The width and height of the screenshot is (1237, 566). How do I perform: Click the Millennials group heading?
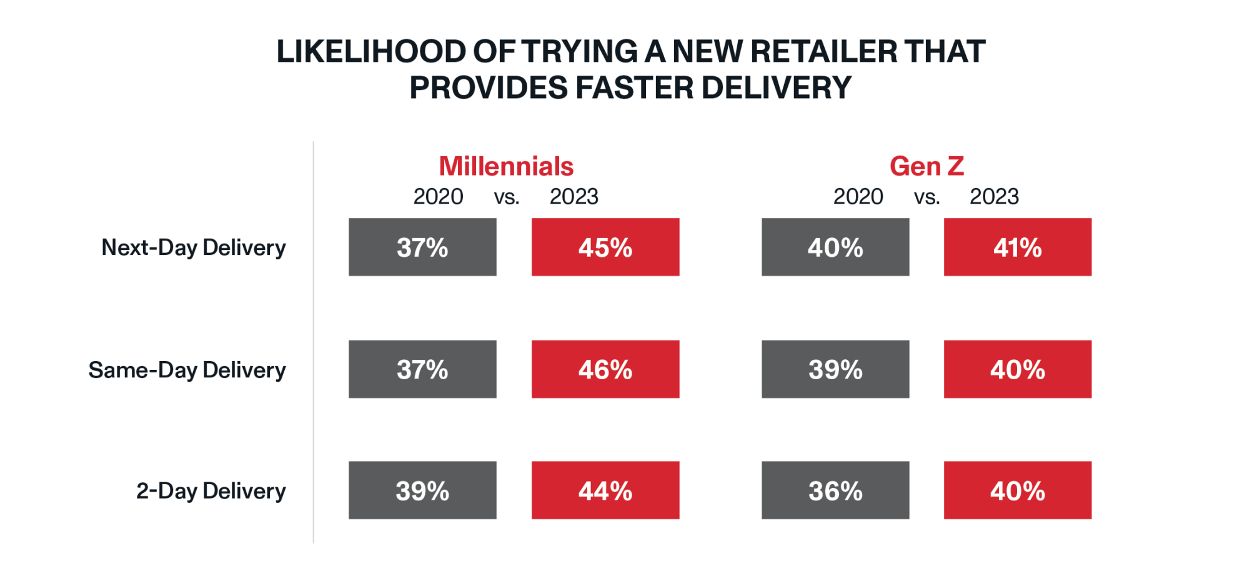506,166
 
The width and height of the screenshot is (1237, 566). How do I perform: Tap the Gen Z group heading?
927,166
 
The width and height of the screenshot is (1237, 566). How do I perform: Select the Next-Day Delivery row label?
193,247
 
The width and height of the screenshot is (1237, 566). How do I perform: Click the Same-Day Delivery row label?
187,370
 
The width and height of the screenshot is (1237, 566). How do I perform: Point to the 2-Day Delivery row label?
211,491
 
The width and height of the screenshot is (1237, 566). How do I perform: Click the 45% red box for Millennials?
605,247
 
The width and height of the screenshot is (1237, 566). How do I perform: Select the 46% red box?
605,369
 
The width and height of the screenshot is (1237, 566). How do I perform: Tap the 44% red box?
605,490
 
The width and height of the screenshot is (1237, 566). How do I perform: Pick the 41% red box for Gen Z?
1017,247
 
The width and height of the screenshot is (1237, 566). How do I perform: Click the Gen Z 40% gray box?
835,247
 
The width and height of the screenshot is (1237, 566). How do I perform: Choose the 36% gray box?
835,490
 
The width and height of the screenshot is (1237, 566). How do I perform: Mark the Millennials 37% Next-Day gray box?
422,247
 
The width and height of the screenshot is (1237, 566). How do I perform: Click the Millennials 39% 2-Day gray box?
422,490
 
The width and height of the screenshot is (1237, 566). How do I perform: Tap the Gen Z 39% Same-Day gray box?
835,369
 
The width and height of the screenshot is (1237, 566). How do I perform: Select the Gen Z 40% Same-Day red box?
1017,369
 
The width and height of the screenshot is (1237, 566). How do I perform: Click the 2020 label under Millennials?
438,197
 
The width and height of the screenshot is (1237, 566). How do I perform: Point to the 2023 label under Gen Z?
994,197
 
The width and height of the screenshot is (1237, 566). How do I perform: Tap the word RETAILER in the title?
823,51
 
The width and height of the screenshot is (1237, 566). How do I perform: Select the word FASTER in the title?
633,87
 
